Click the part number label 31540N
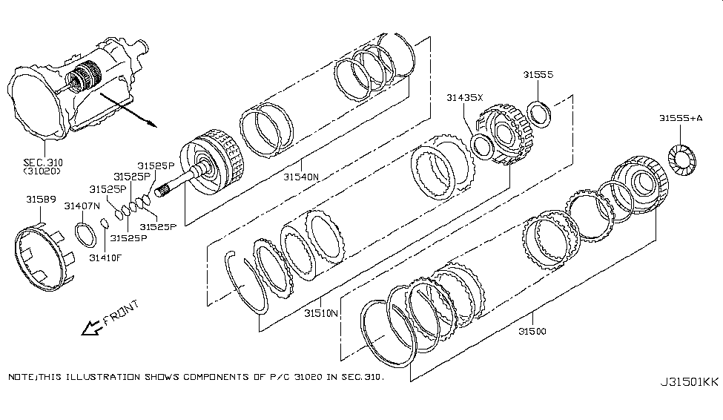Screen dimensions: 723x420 [x=300, y=177]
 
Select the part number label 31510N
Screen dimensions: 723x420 [x=321, y=313]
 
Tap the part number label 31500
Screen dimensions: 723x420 [x=532, y=332]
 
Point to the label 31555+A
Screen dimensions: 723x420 [x=681, y=118]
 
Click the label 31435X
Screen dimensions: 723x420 [x=464, y=97]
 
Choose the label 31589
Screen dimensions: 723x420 [x=41, y=200]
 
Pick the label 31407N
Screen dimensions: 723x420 [x=82, y=206]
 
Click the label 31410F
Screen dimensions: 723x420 [x=105, y=257]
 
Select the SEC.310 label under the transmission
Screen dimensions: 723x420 [x=43, y=163]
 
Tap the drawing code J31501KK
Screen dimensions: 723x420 [x=690, y=382]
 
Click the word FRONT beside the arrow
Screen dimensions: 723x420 [x=121, y=313]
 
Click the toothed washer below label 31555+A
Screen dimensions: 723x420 [x=682, y=160]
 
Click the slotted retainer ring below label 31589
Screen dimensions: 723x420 [x=42, y=256]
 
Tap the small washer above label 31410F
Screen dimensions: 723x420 [x=105, y=223]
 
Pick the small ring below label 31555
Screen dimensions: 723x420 [x=538, y=114]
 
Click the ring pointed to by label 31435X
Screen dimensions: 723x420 [x=482, y=147]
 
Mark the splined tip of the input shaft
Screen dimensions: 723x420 [x=160, y=190]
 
